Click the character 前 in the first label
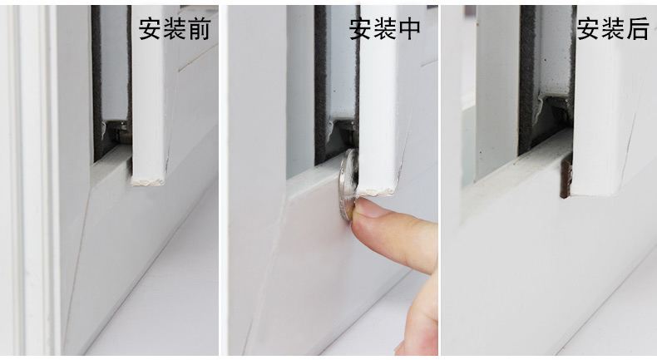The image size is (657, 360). (199, 29)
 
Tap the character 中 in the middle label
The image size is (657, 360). (408, 29)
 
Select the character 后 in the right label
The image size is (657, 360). (636, 29)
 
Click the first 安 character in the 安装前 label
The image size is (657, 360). (151, 29)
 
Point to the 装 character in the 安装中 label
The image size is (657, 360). (384, 29)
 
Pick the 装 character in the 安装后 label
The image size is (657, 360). (612, 29)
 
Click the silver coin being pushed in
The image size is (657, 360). (348, 185)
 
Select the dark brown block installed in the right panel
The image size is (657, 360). (566, 178)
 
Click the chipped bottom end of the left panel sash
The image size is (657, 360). (150, 177)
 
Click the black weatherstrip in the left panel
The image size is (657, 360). (96, 75)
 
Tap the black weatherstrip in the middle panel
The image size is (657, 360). (320, 75)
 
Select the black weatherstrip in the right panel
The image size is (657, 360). (527, 75)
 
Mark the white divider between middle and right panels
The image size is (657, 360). (438, 180)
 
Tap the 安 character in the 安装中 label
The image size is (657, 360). (360, 29)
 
